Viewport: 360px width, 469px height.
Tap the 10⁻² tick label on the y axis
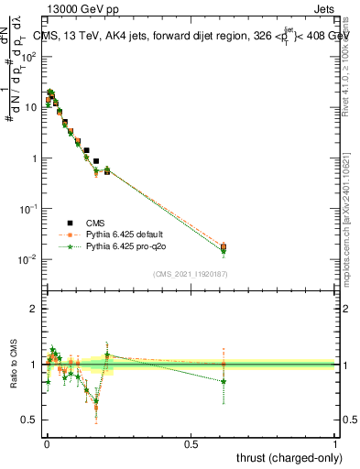coord(27,260)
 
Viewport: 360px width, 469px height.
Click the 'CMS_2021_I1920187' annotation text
coord(190,274)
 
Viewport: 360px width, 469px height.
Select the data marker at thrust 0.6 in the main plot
coord(224,246)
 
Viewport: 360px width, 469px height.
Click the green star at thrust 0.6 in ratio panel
coord(224,381)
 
